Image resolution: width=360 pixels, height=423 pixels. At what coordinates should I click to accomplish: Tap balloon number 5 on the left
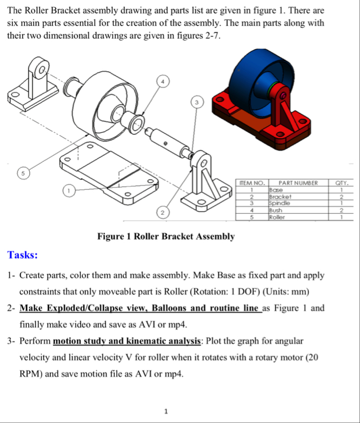(x=21, y=171)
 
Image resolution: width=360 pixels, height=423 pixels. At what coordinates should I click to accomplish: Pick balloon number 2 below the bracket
(x=163, y=213)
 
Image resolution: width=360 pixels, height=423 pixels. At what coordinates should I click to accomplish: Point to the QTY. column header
(x=342, y=182)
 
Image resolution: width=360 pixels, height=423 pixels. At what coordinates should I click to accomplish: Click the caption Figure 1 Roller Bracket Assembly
(x=166, y=236)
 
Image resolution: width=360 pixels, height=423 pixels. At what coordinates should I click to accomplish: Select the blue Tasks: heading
(x=23, y=255)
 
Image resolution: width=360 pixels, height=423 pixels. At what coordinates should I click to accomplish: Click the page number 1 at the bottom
(x=166, y=411)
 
